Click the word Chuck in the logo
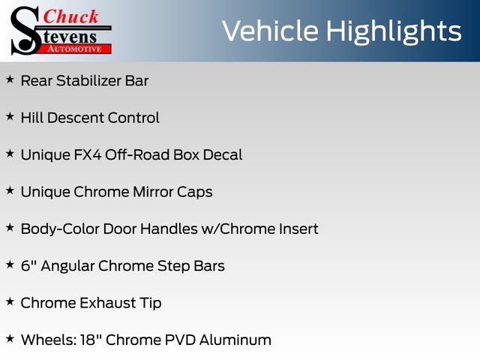[x=70, y=16]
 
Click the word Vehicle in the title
[x=270, y=31]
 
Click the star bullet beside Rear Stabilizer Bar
[x=10, y=79]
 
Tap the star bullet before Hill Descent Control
[x=10, y=117]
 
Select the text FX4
[x=88, y=155]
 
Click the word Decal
[x=223, y=155]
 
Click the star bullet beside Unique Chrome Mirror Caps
[x=10, y=190]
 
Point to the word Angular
[x=67, y=266]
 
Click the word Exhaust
[x=108, y=303]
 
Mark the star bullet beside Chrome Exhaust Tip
[x=10, y=301]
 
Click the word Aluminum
[x=235, y=340]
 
